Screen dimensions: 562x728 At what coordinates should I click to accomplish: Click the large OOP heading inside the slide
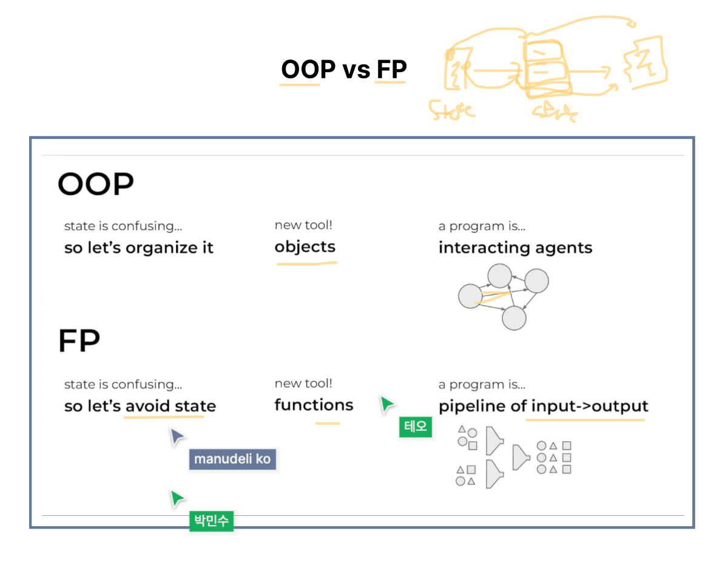click(x=95, y=184)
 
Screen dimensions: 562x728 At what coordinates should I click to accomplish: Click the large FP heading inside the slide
click(x=79, y=342)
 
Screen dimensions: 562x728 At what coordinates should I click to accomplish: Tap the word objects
click(x=305, y=247)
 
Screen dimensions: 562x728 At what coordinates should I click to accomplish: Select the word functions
click(x=314, y=405)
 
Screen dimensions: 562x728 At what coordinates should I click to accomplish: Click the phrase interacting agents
click(x=515, y=248)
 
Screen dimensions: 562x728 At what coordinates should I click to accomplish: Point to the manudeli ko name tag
click(x=232, y=459)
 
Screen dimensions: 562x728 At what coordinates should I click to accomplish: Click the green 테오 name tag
click(x=416, y=426)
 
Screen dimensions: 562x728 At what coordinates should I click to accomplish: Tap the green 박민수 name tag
click(x=211, y=521)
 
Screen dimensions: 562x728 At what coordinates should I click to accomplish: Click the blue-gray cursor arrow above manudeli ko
click(x=177, y=436)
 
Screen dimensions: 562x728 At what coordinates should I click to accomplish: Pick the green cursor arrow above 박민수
click(x=177, y=498)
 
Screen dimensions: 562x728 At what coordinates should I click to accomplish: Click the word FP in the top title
click(x=391, y=70)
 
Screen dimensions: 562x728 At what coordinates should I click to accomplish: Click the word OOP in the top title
click(x=308, y=70)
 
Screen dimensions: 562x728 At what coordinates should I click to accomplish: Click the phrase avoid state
click(x=170, y=406)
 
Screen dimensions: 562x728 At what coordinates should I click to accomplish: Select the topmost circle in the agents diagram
click(x=500, y=276)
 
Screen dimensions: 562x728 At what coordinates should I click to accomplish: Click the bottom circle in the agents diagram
click(x=514, y=318)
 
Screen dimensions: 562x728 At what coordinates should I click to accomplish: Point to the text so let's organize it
click(x=139, y=248)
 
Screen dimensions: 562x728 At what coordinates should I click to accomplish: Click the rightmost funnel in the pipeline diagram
click(x=521, y=457)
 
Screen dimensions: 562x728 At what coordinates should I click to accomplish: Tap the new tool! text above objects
click(x=303, y=225)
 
